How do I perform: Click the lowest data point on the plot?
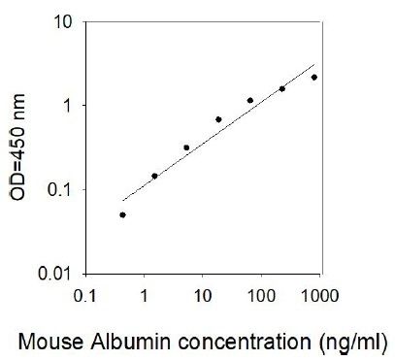point(122,214)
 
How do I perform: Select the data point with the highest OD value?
point(314,78)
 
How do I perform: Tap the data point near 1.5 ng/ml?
point(154,176)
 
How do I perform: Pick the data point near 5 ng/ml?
point(186,147)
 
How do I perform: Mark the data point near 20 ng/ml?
point(218,119)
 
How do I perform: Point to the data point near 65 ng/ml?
point(250,101)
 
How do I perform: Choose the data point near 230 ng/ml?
point(282,89)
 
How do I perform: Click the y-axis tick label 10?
point(62,22)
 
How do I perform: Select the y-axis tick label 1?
point(67,106)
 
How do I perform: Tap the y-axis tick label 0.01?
point(54,274)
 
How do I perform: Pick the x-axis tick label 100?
point(261,296)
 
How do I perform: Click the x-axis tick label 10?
point(203,296)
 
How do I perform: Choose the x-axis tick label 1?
point(145,296)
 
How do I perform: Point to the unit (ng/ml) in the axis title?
point(353,343)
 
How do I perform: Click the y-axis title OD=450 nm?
point(17,147)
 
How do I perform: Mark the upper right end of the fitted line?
point(314,65)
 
